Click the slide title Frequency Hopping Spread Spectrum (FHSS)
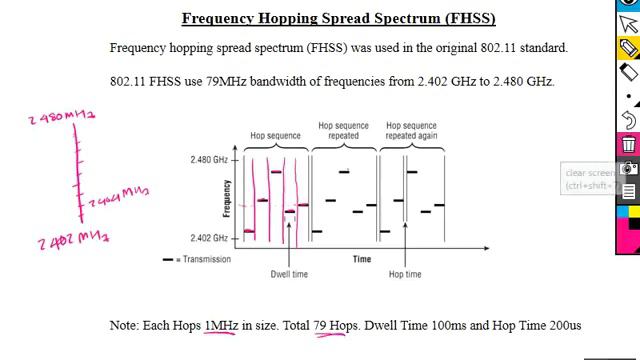coord(338,18)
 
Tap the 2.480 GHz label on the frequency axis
coord(209,160)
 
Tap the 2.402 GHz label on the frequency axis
coord(209,238)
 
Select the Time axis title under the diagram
coord(362,259)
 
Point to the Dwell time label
coord(289,274)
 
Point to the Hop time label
coord(405,274)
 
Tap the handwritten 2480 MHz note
coord(62,118)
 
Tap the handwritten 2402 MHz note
coord(73,239)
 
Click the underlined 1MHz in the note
coord(221,325)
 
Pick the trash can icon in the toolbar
coord(628,145)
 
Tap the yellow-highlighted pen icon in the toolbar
coord(628,46)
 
